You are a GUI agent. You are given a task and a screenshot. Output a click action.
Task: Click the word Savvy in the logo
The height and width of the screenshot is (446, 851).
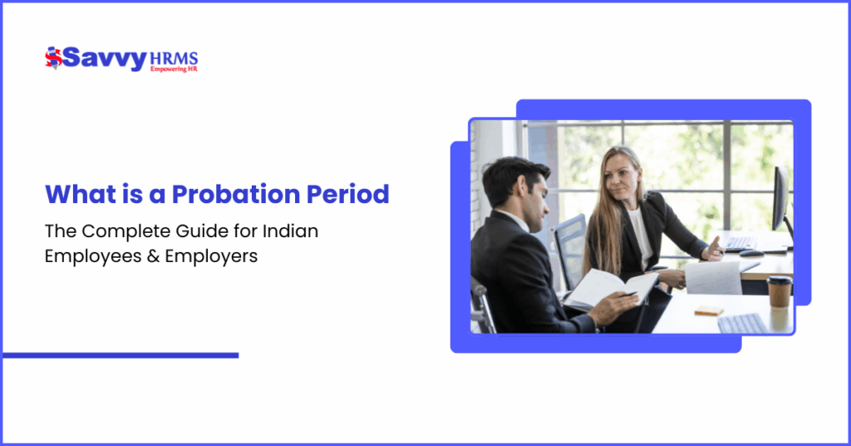click(105, 59)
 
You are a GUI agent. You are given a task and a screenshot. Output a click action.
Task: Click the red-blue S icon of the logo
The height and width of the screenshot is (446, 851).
click(53, 58)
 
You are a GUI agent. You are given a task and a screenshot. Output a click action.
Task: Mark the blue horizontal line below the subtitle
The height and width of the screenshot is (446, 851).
click(121, 355)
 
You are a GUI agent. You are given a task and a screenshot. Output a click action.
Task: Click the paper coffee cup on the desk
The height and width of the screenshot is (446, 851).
click(778, 290)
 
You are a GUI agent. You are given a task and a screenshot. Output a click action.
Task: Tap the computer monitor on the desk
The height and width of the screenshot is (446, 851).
click(781, 200)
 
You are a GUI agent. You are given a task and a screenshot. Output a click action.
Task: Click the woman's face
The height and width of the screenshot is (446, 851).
click(623, 176)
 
